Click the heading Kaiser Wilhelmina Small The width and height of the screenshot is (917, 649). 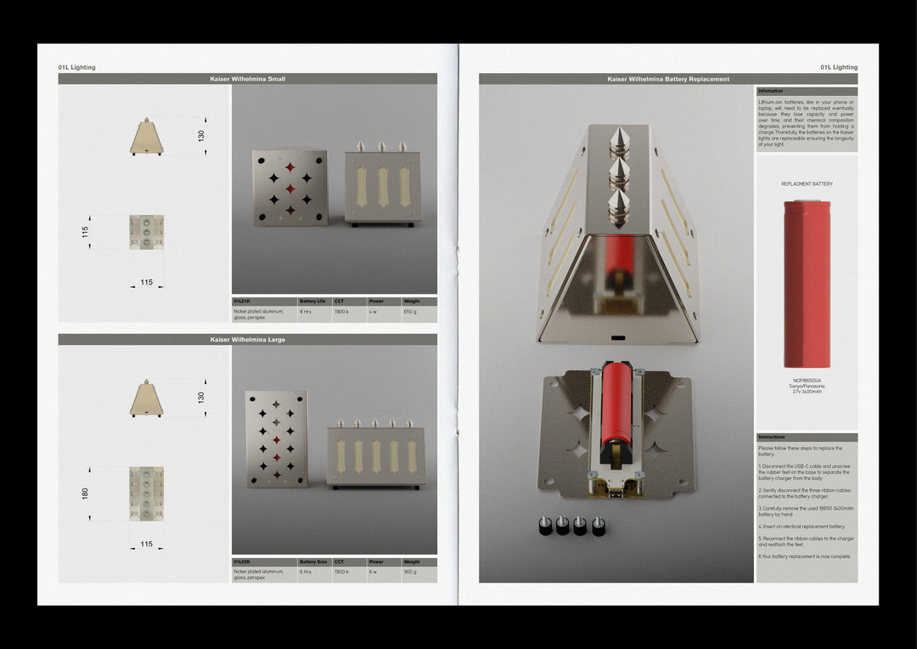pos(247,79)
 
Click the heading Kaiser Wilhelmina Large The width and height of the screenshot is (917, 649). pos(247,340)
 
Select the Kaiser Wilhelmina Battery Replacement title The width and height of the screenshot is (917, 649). pos(668,79)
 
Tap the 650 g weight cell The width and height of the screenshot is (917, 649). pos(410,312)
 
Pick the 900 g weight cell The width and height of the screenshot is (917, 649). pos(410,572)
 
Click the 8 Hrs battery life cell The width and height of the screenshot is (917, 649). pos(306,312)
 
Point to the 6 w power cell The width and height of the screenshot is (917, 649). pos(373,572)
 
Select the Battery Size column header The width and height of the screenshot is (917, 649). pos(313,562)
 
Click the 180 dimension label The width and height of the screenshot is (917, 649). pos(85,494)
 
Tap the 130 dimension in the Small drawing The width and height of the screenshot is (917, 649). pos(201,136)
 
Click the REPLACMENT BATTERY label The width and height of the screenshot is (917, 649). pos(807,183)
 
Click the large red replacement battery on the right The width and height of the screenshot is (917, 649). pos(807,284)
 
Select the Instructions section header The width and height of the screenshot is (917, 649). pos(772,437)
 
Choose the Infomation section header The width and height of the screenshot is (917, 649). pos(771,91)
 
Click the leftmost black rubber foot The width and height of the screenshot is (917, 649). pos(543,527)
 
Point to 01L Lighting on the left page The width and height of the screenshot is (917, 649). pos(76,67)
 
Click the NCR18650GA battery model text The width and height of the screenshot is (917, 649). pos(807,381)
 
